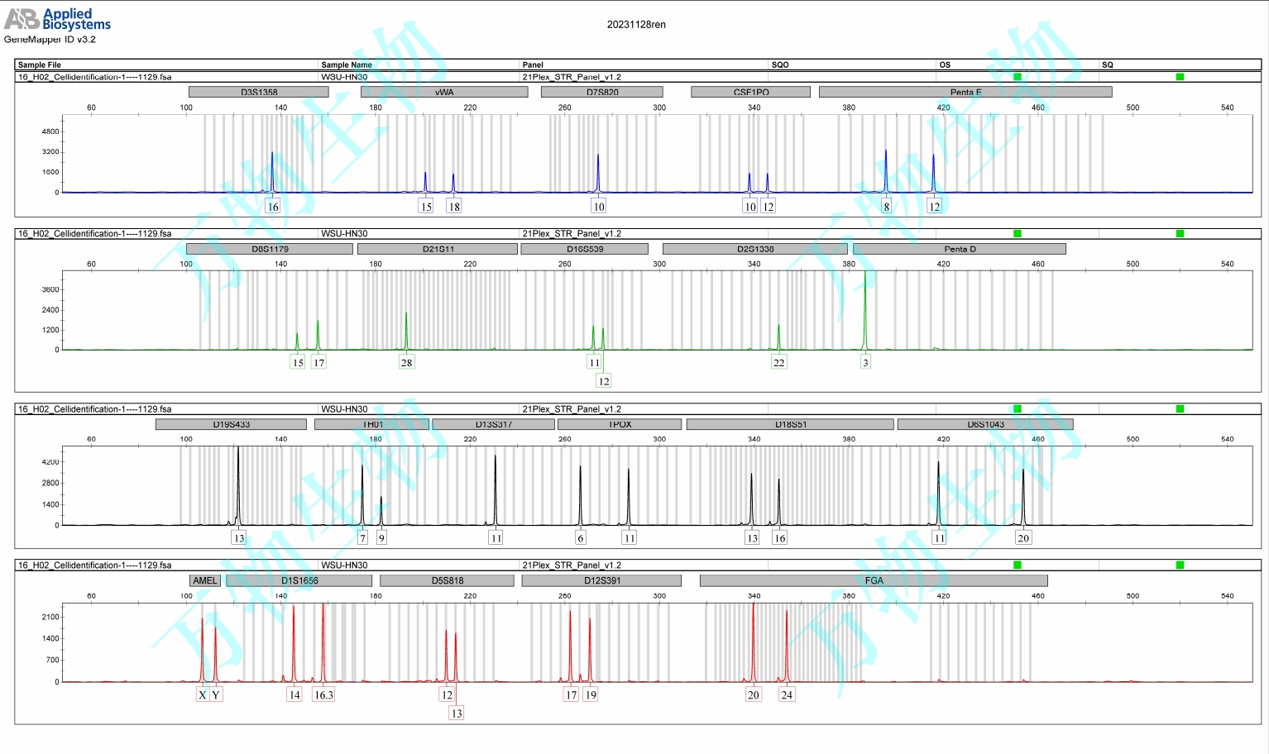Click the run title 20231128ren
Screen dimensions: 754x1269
[x=635, y=25]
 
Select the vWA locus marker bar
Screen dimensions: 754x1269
[x=444, y=92]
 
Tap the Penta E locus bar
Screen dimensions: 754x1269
[x=965, y=92]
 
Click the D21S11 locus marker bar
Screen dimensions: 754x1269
[x=438, y=249]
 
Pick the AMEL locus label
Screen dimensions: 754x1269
[x=204, y=580]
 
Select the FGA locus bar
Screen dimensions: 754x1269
[x=873, y=580]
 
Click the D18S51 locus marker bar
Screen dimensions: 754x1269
[x=790, y=424]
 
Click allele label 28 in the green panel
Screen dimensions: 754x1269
[x=406, y=362]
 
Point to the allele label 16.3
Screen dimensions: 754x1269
[x=323, y=695]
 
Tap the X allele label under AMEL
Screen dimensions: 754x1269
[x=202, y=695]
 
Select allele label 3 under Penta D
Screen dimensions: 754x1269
[x=865, y=362]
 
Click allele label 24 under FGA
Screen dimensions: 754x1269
[x=787, y=695]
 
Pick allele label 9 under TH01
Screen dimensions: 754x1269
[x=381, y=538]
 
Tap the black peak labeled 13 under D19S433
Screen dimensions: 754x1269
[x=238, y=480]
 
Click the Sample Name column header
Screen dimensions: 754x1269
[x=347, y=64]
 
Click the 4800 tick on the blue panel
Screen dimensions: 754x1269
[x=50, y=131]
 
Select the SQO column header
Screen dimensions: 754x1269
[x=780, y=64]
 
